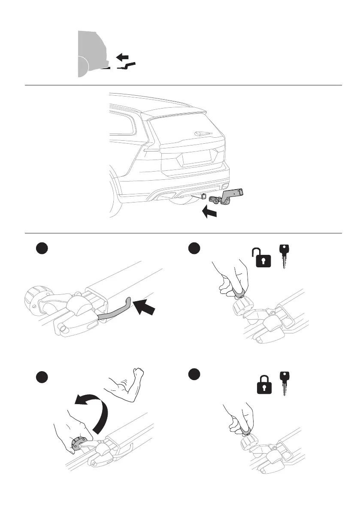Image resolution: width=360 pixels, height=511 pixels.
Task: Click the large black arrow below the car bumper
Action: pyautogui.click(x=210, y=212)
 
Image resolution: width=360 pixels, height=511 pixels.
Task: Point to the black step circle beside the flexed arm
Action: pyautogui.click(x=42, y=377)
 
